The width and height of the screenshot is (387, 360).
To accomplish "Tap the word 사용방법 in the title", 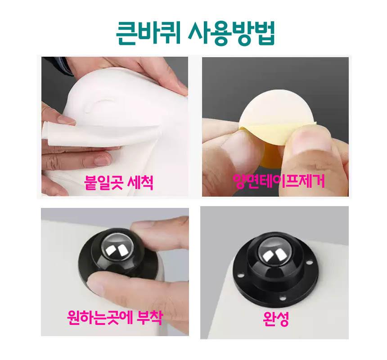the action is (231, 33).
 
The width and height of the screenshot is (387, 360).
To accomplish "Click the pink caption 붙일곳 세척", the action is (118, 183).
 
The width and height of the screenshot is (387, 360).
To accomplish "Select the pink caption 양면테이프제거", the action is (279, 181).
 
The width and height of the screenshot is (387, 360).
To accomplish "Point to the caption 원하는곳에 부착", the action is (115, 318).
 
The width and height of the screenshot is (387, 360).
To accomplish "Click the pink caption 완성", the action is (276, 318).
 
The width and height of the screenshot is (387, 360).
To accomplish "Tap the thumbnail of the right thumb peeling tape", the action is (311, 141).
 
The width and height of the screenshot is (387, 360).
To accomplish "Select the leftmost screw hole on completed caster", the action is (239, 274).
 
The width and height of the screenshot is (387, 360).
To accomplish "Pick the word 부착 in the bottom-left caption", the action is (150, 318).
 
